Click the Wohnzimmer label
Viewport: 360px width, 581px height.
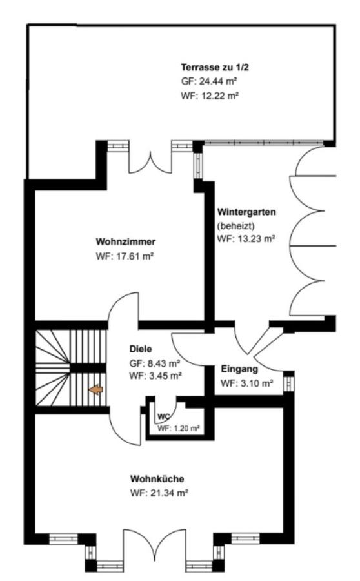pyautogui.click(x=126, y=242)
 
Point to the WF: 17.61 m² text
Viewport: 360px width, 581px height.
pyautogui.click(x=126, y=256)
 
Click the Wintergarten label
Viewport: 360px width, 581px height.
pyautogui.click(x=247, y=212)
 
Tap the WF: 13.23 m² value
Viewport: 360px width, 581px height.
pyautogui.click(x=247, y=238)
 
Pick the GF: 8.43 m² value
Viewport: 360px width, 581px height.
pyautogui.click(x=154, y=363)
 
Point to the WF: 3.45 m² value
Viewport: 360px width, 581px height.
pyautogui.click(x=154, y=375)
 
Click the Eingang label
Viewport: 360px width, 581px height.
pyautogui.click(x=239, y=369)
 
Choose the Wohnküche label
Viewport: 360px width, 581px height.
pyautogui.click(x=157, y=479)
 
